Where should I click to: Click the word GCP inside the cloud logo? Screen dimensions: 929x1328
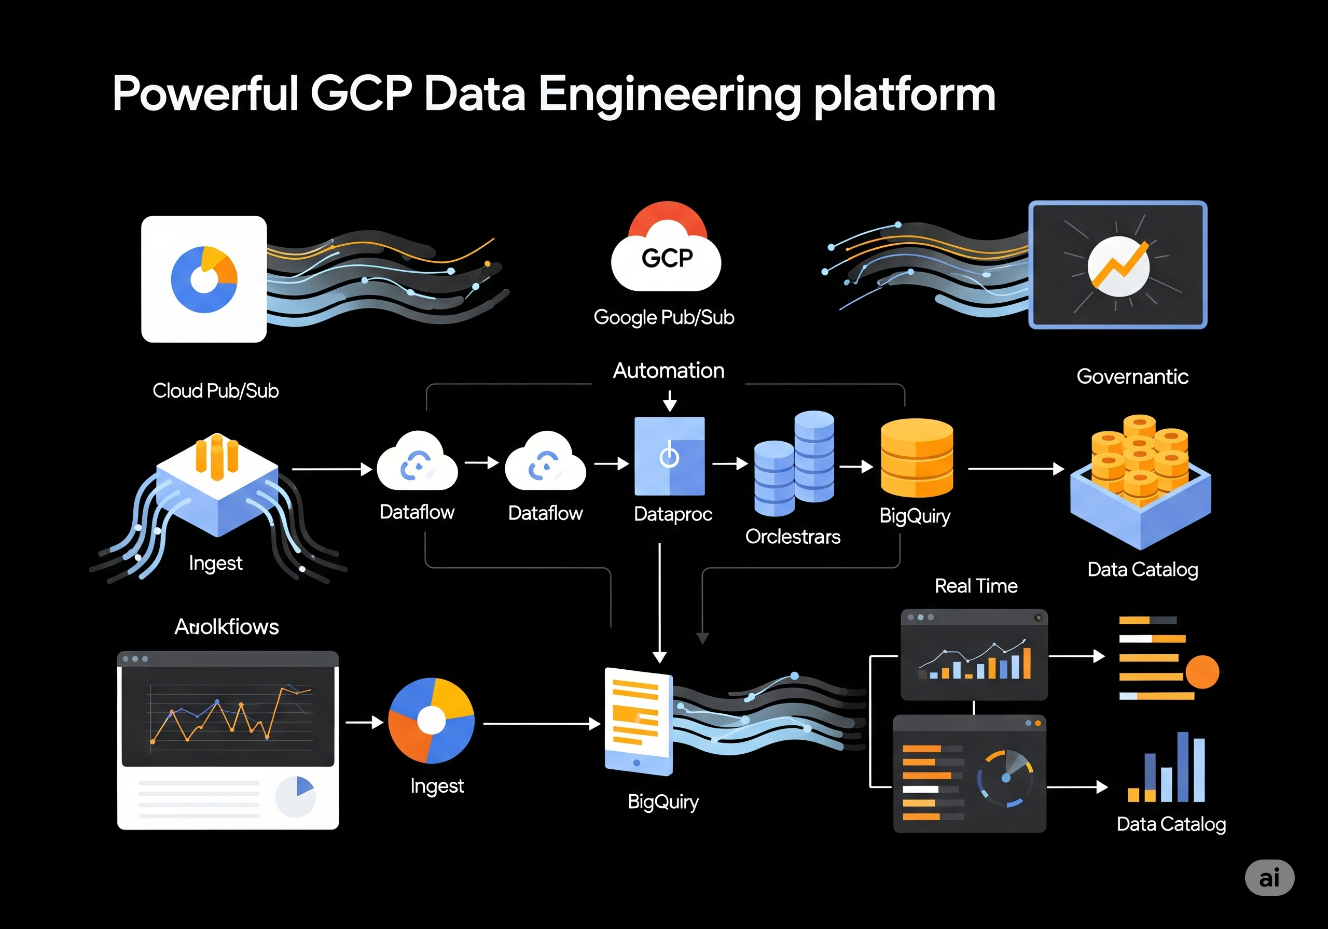tap(667, 258)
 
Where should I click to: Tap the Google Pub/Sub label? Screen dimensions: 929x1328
tap(663, 317)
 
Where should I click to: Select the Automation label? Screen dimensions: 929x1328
tap(668, 371)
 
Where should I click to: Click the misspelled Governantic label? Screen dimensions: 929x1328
tap(1132, 377)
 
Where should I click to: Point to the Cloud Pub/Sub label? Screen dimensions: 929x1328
tap(215, 391)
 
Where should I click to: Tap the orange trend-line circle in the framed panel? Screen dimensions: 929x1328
tap(1118, 266)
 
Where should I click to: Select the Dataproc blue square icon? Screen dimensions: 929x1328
tap(669, 456)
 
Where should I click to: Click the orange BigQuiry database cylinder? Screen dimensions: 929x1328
tap(916, 458)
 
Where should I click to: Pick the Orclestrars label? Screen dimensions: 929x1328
tap(793, 537)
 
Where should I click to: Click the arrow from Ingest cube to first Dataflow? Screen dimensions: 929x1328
tap(331, 469)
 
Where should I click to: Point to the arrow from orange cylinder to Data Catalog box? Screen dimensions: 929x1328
tap(1015, 469)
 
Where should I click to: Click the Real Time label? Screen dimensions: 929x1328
tap(976, 586)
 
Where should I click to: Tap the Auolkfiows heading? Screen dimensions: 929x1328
tap(227, 627)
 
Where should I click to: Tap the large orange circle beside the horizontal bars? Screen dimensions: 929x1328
tap(1202, 672)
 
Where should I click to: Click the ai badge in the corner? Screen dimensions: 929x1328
tap(1269, 878)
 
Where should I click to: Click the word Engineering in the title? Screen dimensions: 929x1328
tap(669, 95)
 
